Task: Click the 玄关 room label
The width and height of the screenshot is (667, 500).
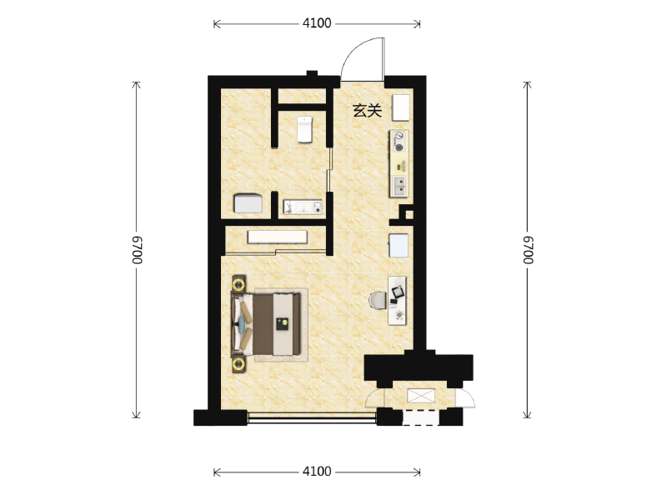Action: point(367,111)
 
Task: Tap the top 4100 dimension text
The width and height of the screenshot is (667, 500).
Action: point(317,23)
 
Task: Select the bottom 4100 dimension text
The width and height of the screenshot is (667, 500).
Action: point(317,471)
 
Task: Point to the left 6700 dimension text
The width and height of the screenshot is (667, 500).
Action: point(137,250)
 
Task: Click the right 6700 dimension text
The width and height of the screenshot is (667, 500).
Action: point(528,250)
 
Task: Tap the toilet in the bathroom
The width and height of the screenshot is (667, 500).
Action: point(304,129)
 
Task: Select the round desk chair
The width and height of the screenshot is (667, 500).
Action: point(378,300)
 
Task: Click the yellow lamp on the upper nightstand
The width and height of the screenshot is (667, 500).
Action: point(238,283)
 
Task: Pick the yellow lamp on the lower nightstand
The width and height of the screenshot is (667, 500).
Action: point(238,364)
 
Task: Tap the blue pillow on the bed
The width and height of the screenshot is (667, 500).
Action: point(241,324)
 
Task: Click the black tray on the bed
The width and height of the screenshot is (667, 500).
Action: point(282,324)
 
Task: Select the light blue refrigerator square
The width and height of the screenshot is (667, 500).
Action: point(399,246)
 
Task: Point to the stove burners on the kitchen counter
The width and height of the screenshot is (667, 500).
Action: point(399,142)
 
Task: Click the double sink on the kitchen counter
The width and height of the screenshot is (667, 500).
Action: point(399,186)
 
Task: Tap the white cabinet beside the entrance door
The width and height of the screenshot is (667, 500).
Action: point(401,107)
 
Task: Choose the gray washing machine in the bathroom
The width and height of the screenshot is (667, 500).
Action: point(248,203)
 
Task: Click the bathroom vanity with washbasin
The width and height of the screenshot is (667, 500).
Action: point(303,207)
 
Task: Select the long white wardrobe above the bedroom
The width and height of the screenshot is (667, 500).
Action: point(278,237)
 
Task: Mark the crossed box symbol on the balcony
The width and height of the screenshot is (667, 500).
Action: point(421,395)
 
